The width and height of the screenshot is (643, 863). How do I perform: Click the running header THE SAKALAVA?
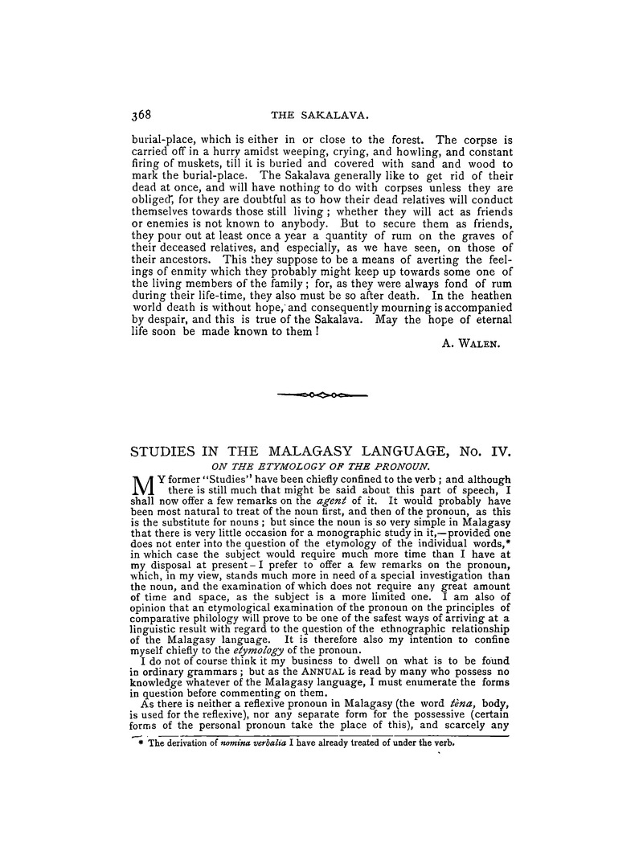321,112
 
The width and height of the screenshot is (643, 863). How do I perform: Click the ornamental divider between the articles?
321,395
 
